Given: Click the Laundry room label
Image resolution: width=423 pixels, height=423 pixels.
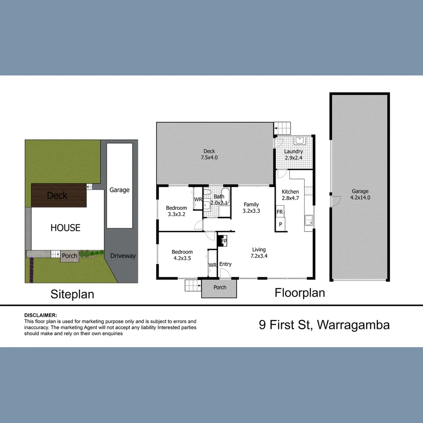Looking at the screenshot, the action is [293, 152].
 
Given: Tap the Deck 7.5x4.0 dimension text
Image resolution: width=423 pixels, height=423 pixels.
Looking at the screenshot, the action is [209, 157].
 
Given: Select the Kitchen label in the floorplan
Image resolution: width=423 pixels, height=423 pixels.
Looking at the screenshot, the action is [290, 192].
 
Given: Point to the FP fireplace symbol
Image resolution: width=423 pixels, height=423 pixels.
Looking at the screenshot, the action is [223, 240].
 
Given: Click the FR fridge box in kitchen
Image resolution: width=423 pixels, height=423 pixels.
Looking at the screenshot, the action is [280, 212].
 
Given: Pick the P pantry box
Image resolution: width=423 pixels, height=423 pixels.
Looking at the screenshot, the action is [280, 224].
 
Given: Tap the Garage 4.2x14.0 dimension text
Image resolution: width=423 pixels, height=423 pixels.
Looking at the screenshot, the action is [360, 197].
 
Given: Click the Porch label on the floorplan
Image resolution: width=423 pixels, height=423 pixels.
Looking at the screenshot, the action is [220, 287].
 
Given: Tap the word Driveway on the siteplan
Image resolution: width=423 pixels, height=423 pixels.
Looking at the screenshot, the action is [123, 256].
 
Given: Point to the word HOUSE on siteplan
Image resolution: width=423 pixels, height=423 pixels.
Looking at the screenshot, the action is [65, 228].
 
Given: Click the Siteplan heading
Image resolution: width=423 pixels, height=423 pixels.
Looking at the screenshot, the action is [72, 294].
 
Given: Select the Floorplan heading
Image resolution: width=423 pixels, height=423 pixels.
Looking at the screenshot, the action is [300, 293].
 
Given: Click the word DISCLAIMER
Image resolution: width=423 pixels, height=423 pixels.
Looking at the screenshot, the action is [41, 315].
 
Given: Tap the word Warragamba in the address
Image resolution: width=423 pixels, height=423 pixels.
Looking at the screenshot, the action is [353, 325].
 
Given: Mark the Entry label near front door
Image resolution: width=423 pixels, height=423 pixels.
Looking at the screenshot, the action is [225, 264].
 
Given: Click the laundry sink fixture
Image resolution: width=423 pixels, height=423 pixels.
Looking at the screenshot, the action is [300, 141].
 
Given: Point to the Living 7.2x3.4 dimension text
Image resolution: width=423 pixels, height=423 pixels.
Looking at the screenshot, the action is [259, 256].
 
